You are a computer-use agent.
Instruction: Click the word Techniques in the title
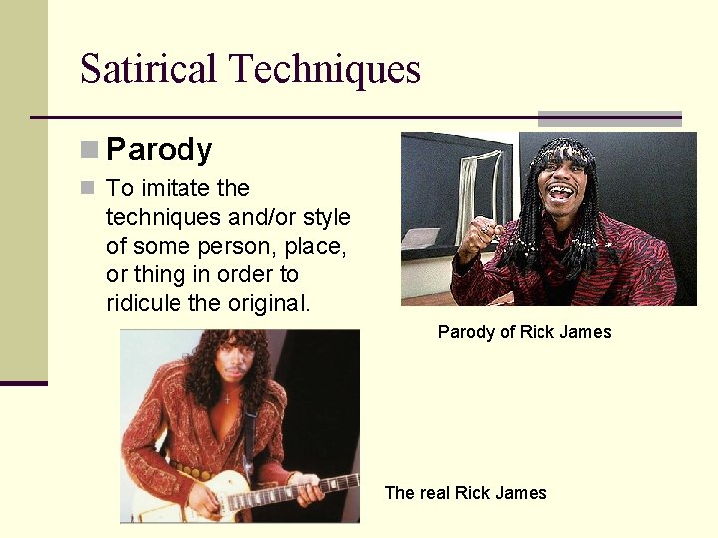click(325, 69)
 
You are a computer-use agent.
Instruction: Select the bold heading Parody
click(159, 150)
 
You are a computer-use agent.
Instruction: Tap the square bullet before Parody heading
click(90, 150)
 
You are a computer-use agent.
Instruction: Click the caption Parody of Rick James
click(525, 332)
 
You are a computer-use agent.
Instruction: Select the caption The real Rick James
click(466, 493)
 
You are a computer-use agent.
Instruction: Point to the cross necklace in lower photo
click(226, 397)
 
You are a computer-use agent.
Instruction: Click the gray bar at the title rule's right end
click(609, 118)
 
